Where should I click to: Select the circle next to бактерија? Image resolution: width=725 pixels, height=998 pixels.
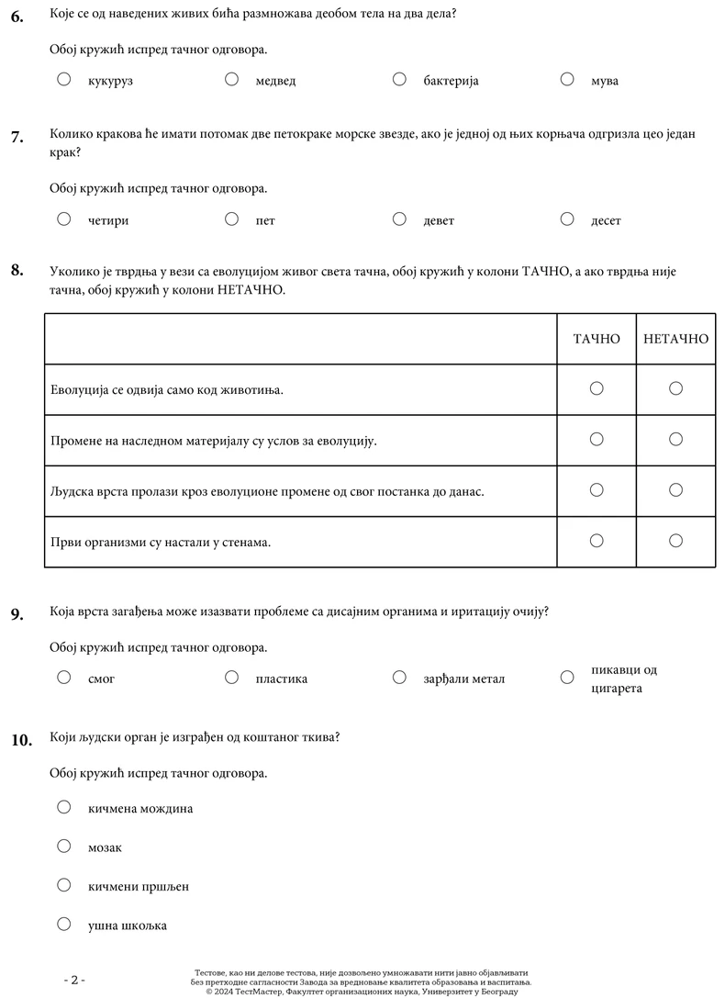399,79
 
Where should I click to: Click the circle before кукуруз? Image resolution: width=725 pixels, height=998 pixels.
64,79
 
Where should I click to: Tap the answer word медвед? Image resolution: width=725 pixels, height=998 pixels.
275,81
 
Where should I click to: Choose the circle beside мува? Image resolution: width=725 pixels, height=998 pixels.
567,79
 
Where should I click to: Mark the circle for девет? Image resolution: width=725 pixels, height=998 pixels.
399,219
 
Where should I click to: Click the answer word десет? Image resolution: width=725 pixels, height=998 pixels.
606,221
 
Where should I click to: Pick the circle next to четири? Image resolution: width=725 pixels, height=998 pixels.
64,219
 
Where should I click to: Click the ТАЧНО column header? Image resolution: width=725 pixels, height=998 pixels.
597,339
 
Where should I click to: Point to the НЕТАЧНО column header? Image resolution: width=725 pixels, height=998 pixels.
676,339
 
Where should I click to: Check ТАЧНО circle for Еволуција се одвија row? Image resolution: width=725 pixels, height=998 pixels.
597,388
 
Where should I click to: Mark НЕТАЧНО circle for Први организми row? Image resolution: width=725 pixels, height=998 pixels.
676,540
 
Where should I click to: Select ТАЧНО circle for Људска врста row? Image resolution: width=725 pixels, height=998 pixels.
597,489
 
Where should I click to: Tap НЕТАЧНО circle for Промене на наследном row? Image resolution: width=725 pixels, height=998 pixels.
676,439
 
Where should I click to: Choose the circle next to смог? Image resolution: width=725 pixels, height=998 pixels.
64,677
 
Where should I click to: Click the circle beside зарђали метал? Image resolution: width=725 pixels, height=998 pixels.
399,677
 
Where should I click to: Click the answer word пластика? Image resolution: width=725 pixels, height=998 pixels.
282,679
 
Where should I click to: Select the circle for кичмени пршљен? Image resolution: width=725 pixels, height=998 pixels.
64,884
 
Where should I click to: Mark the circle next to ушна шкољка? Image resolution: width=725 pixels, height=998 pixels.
64,924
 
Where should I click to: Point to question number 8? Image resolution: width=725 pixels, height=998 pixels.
17,270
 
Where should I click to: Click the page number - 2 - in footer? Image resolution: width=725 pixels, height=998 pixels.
74,980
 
